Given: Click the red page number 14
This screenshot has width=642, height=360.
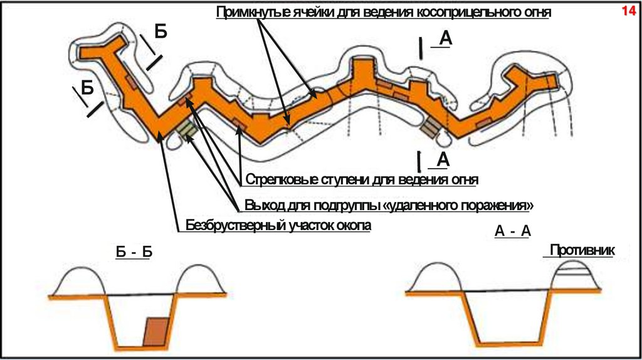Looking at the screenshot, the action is pyautogui.click(x=628, y=11).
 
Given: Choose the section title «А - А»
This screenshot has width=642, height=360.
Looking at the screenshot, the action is pyautogui.click(x=513, y=231).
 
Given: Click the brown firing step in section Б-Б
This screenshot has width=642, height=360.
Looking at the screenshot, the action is pyautogui.click(x=155, y=332).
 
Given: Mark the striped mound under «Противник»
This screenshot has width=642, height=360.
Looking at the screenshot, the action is pyautogui.click(x=573, y=277).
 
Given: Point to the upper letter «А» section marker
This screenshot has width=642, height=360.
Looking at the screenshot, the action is pyautogui.click(x=445, y=40).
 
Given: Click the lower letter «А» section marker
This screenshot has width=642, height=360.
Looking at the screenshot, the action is pyautogui.click(x=443, y=160).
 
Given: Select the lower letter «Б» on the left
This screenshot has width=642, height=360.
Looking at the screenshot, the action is pyautogui.click(x=86, y=88).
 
